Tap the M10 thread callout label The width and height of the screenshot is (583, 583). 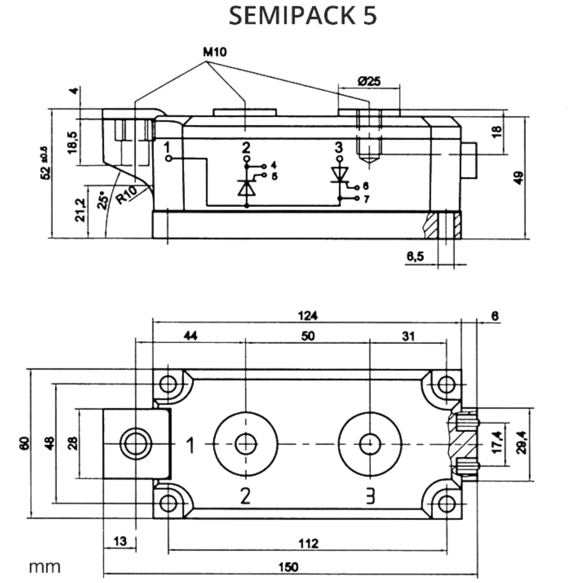215,52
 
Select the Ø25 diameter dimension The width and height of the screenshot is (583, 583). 369,81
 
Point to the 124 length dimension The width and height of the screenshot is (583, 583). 308,316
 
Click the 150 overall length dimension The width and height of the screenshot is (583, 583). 288,567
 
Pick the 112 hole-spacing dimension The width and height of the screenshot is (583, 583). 309,544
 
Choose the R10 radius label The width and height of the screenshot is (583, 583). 126,195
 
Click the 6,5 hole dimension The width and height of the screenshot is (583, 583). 415,257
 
